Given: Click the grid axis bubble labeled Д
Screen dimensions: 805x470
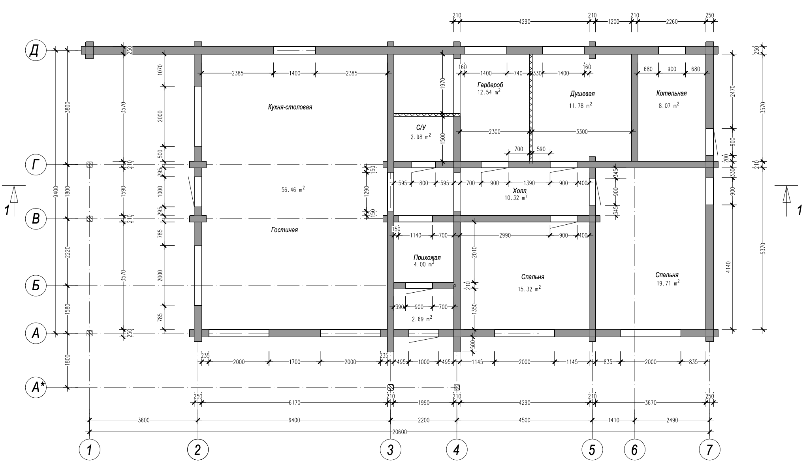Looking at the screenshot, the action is (36, 51).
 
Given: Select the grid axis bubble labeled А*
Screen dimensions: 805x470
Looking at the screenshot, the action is (36, 388).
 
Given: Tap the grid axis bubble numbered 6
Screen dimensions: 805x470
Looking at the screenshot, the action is (634, 450).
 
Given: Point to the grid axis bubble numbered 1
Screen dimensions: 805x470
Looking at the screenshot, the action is (90, 450).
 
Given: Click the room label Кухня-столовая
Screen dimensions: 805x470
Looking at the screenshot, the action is (290, 107).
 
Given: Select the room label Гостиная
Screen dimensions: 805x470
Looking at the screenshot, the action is (284, 230).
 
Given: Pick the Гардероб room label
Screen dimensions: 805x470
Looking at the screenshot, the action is (490, 85).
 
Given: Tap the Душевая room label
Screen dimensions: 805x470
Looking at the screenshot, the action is (582, 94).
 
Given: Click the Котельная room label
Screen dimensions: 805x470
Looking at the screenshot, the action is (671, 93).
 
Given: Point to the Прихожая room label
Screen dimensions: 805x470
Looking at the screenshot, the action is (427, 258).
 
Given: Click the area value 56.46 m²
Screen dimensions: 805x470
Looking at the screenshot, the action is (293, 190).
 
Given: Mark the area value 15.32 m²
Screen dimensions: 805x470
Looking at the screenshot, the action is (529, 289).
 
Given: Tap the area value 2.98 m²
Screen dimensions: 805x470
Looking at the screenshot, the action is (421, 137).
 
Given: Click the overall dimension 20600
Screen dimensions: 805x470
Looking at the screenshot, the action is (400, 432).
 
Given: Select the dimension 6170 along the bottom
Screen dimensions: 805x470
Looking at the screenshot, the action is (294, 403).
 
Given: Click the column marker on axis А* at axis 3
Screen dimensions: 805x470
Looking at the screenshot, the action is (391, 387).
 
